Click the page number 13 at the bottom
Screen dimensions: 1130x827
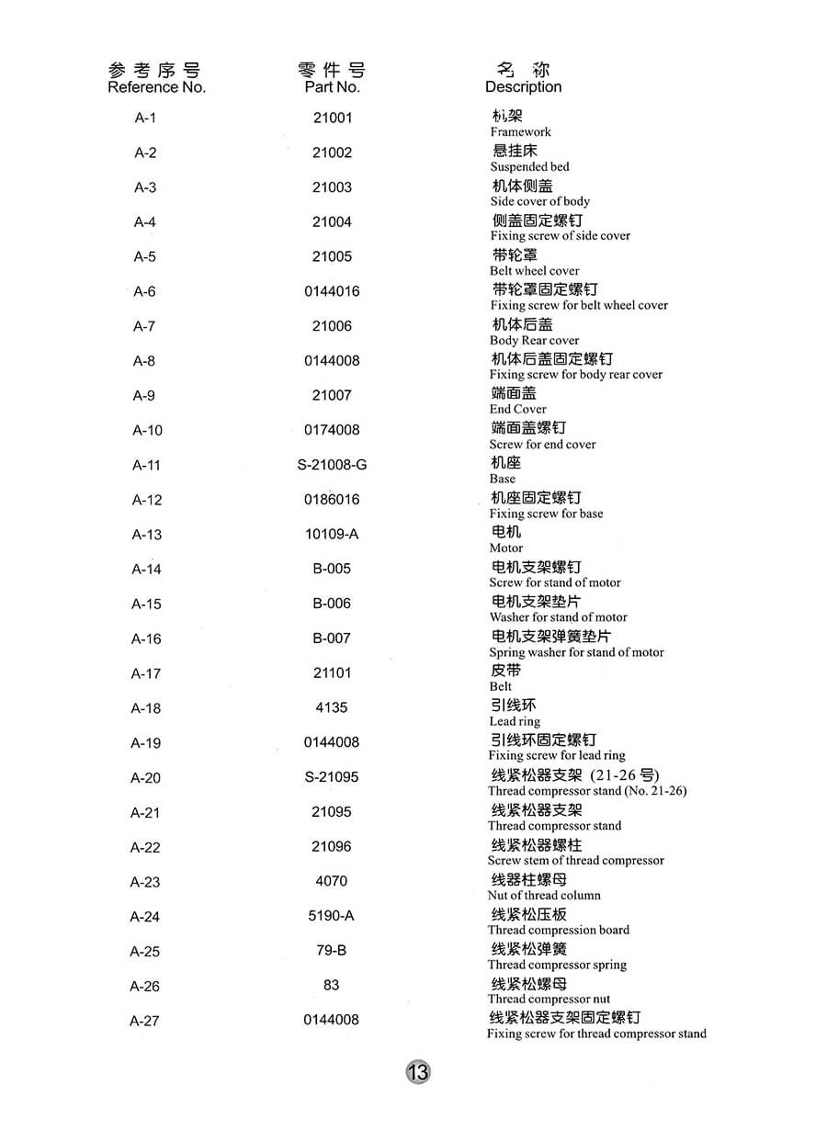(417, 1071)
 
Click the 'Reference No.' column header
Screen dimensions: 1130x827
(156, 87)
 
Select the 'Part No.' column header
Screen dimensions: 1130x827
(332, 87)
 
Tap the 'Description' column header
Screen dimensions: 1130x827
(523, 87)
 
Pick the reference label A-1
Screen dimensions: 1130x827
(145, 118)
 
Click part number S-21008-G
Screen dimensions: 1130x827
(332, 465)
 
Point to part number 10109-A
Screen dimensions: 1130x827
(332, 534)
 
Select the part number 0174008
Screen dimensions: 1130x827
(332, 430)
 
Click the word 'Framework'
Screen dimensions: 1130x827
(520, 132)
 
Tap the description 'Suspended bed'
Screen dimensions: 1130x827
(529, 167)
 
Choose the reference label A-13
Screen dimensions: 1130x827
(146, 535)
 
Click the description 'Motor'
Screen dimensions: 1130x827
(505, 548)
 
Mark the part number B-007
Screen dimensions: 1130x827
(332, 638)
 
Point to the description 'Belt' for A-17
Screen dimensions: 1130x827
(501, 687)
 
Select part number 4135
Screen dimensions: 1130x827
(332, 707)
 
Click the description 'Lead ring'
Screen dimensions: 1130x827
(515, 722)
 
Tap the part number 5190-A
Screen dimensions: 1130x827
(332, 916)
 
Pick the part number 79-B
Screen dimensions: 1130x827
(332, 951)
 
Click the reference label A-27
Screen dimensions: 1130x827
(145, 1021)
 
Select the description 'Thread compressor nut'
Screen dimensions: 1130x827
(549, 1000)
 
